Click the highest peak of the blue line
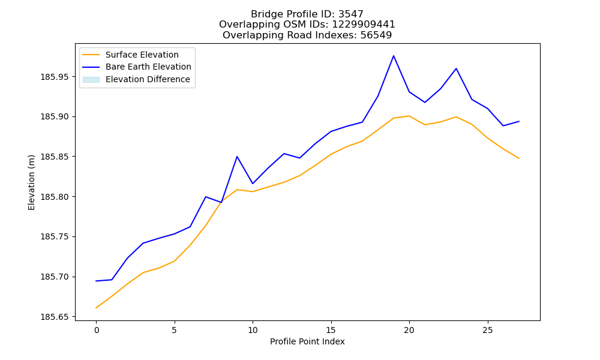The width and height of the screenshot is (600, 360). (x=394, y=56)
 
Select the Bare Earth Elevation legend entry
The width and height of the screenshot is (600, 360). (x=137, y=67)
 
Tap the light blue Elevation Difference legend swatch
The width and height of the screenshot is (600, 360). (x=91, y=80)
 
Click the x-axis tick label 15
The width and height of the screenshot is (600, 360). (x=331, y=330)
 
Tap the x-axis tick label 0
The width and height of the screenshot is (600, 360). (x=97, y=330)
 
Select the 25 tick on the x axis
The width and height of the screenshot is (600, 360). (x=487, y=330)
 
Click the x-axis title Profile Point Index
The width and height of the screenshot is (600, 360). (x=307, y=341)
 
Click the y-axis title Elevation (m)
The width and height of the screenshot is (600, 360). (x=31, y=182)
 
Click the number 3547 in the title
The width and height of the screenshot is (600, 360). (x=351, y=14)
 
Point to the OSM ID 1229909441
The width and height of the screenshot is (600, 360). (x=364, y=25)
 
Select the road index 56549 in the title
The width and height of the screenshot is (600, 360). (x=376, y=35)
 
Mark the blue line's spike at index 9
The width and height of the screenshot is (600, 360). (x=237, y=157)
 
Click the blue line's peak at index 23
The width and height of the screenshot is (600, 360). (x=456, y=68)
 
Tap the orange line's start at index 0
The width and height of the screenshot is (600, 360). (x=96, y=308)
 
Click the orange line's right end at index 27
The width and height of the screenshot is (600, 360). (x=519, y=158)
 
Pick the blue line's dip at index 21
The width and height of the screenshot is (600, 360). (x=425, y=102)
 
